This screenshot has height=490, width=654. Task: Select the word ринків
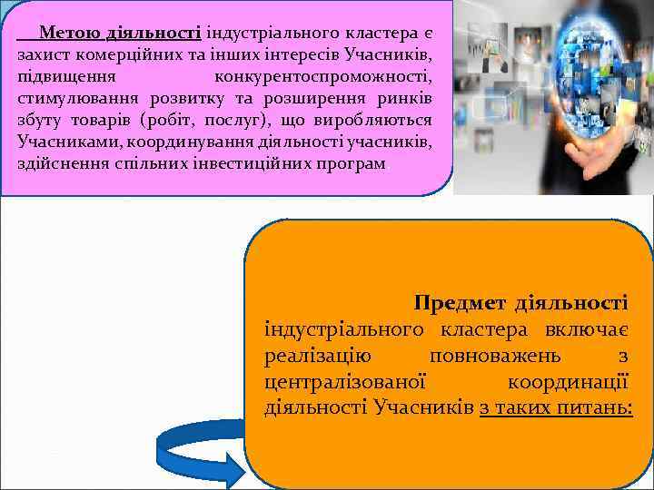coord(406,99)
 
